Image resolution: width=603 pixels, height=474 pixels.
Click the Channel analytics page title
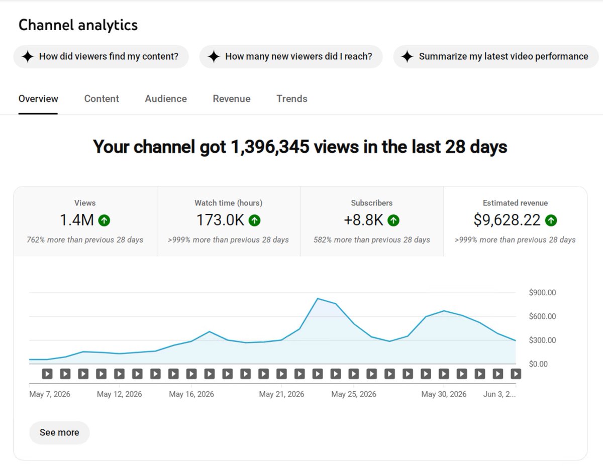coord(78,25)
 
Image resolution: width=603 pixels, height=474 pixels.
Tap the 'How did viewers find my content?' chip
coord(101,57)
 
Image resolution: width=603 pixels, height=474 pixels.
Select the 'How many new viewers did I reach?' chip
coord(291,57)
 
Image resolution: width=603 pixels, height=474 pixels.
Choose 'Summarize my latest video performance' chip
coord(496,57)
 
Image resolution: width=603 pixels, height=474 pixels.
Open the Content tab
coord(102,98)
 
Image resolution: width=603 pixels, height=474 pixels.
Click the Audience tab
coord(166,98)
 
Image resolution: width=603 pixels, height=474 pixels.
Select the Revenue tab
coord(232,98)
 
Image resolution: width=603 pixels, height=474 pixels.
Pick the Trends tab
coord(291,98)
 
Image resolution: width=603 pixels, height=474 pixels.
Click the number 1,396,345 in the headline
coord(270,147)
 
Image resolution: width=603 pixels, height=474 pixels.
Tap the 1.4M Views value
coord(77,220)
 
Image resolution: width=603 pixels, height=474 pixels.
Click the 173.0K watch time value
coord(220,220)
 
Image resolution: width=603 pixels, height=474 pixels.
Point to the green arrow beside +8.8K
coord(393,220)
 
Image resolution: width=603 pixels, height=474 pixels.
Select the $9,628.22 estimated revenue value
coord(507,220)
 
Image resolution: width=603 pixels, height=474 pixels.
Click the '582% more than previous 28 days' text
coord(371,240)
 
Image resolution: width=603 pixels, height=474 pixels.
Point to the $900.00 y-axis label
coord(542,293)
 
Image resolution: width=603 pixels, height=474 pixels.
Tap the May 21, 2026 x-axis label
coord(281,394)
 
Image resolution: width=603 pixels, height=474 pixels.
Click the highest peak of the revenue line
coord(318,298)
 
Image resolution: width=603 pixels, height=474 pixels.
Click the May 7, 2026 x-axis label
coord(50,394)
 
